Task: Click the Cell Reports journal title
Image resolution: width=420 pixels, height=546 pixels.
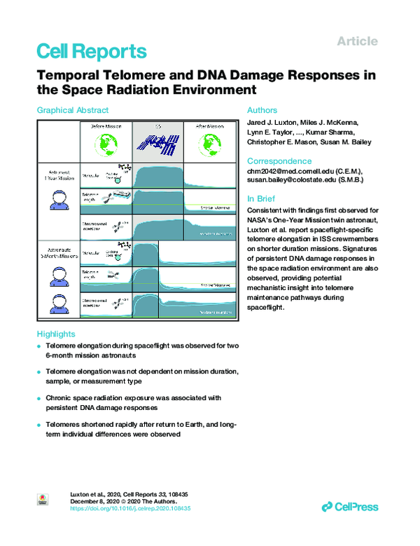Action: click(91, 51)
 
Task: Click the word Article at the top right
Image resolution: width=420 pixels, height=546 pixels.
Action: click(357, 41)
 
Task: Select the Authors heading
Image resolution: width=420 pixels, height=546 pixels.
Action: click(262, 110)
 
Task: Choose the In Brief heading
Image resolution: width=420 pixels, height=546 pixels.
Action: click(262, 198)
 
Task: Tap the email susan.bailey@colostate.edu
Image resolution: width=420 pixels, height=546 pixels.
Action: click(300, 181)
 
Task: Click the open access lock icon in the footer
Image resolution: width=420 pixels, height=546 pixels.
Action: click(41, 500)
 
